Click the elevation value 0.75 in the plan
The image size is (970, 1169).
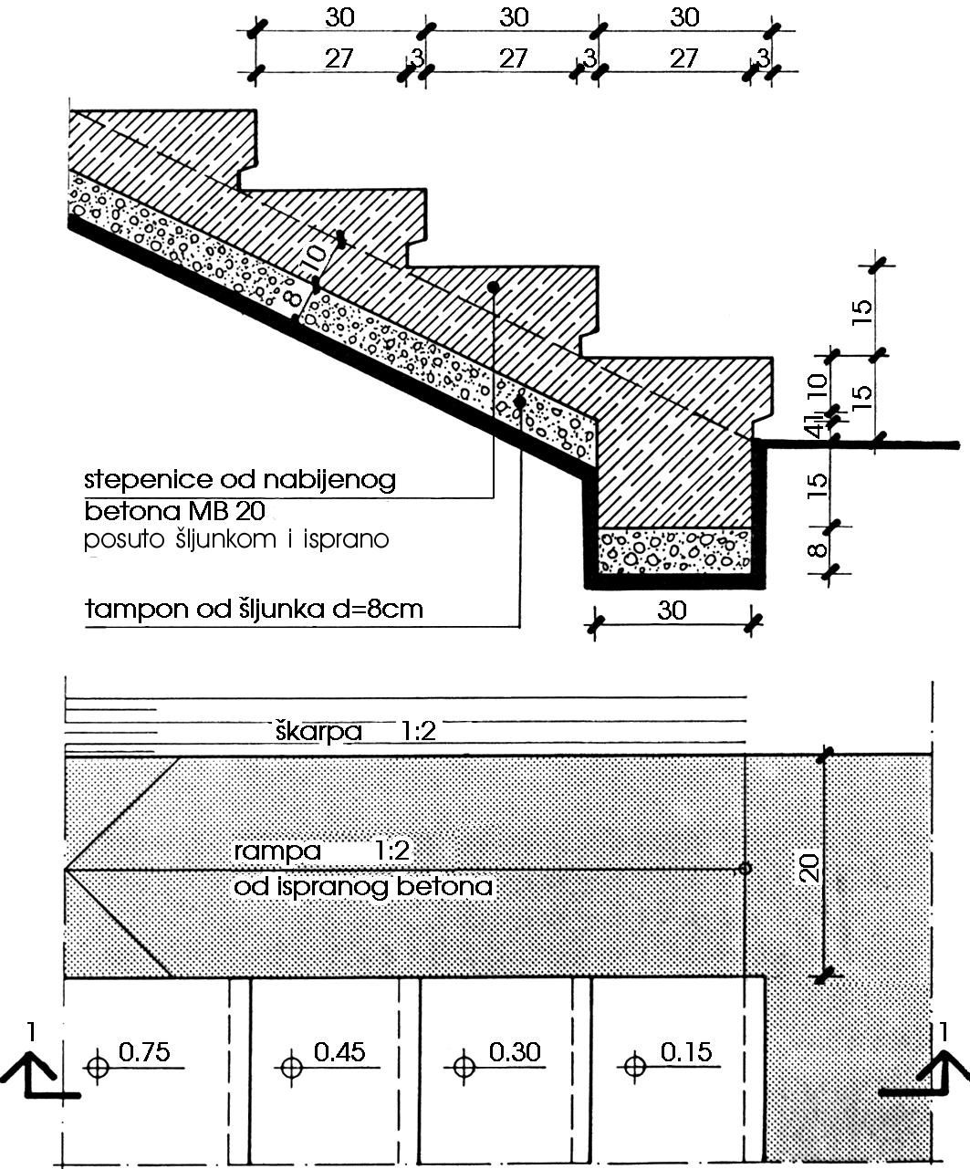(144, 1052)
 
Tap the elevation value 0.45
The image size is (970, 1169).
(339, 1052)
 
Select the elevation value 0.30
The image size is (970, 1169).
(515, 1052)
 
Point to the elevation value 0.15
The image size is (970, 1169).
(686, 1052)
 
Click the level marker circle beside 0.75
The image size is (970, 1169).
(98, 1067)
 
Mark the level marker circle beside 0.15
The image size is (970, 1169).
(634, 1067)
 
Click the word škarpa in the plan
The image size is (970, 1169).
(318, 731)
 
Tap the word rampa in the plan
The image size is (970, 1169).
(277, 852)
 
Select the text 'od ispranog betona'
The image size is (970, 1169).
(363, 887)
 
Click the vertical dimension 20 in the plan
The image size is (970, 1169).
(809, 869)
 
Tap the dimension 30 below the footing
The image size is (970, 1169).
(672, 611)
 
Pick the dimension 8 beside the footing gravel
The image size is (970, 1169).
(818, 550)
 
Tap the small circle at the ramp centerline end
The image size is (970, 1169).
(745, 869)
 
